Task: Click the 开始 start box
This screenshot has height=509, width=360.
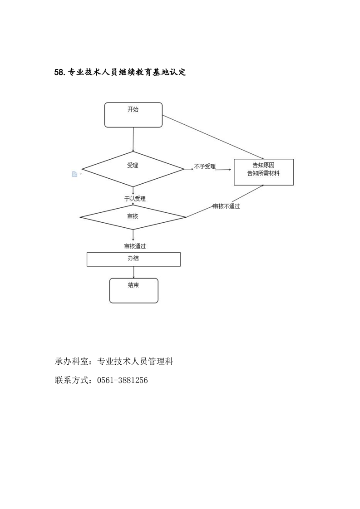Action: (133, 115)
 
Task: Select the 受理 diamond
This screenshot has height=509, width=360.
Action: (133, 169)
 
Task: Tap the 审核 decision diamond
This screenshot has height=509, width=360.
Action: (133, 217)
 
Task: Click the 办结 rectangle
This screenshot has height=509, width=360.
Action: (133, 259)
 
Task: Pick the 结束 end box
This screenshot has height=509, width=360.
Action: (133, 290)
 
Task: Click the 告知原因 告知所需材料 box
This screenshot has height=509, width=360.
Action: (263, 172)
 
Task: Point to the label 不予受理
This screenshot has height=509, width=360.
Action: (205, 167)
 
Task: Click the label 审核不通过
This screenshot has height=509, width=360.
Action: (226, 207)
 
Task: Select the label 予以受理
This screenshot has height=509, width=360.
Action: (135, 199)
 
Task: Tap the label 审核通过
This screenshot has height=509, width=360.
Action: (135, 246)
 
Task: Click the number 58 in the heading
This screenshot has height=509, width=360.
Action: (59, 73)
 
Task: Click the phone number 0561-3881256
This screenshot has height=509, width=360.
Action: (122, 380)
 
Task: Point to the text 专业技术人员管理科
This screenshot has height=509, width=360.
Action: (136, 362)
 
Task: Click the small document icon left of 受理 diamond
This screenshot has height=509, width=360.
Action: (75, 174)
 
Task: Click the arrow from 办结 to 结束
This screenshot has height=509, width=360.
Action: (133, 272)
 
